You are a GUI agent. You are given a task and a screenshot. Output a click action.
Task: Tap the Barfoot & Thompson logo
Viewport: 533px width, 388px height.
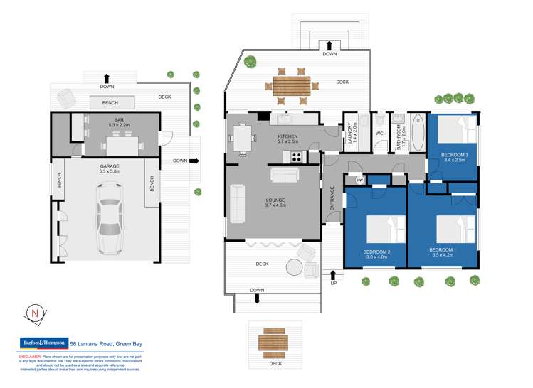pos(41,343)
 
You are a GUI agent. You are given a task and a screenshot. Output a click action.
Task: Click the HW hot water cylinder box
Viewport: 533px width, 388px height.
pos(359,180)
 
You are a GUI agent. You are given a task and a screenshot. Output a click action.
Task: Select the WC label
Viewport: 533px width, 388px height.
pos(379,133)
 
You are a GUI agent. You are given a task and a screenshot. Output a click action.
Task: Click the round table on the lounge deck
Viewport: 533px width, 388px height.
pos(295,267)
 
